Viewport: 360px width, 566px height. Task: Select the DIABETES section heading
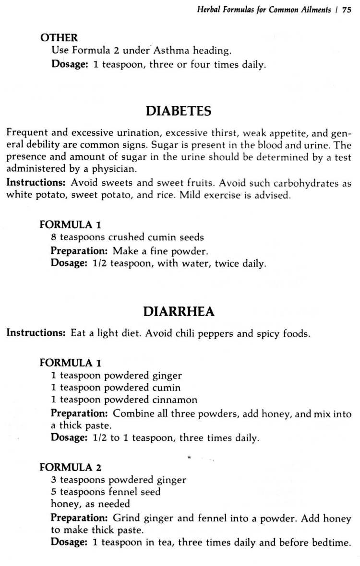pyautogui.click(x=178, y=111)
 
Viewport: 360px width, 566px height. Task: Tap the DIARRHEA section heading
pyautogui.click(x=179, y=312)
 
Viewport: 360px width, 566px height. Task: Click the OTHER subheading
pyautogui.click(x=59, y=37)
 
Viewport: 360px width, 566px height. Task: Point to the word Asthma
pyautogui.click(x=174, y=51)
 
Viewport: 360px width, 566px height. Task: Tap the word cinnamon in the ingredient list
pyautogui.click(x=174, y=400)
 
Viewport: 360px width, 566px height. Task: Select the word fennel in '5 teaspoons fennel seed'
pyautogui.click(x=126, y=492)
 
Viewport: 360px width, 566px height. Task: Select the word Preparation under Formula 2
pyautogui.click(x=79, y=518)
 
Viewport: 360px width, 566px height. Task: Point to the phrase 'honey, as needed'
pyautogui.click(x=90, y=504)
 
